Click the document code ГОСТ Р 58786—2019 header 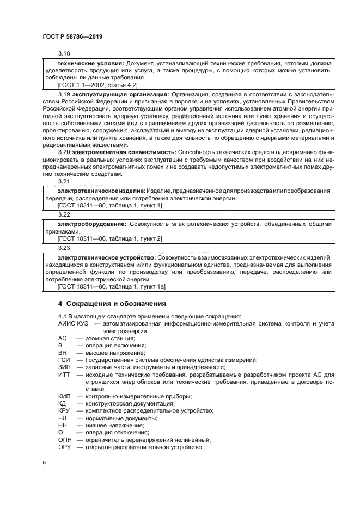72,36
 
